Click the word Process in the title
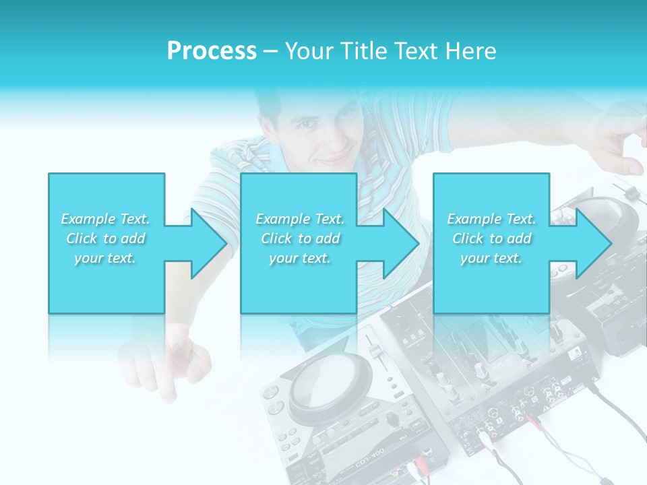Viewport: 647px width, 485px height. pyautogui.click(x=212, y=51)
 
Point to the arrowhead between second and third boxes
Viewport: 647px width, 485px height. pyautogui.click(x=400, y=243)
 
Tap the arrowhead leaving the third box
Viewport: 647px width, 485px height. pyautogui.click(x=593, y=243)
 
